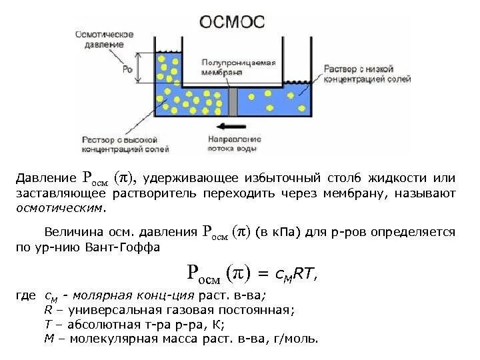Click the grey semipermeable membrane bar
click(233, 101)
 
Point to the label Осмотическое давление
click(103, 39)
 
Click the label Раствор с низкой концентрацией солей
click(366, 73)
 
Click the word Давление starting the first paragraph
click(46, 179)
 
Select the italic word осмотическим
click(60, 208)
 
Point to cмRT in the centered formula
click(297, 273)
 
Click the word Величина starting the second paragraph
click(69, 233)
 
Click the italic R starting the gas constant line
click(47, 309)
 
